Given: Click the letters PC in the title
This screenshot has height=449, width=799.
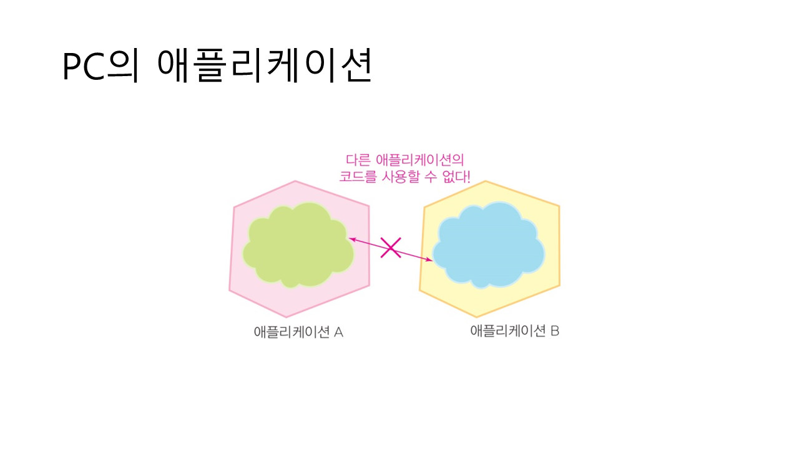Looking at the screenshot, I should pos(83,66).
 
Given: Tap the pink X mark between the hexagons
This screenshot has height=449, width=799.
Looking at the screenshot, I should pos(391,248).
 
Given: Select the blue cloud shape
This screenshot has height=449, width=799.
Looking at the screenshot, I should pos(489,245).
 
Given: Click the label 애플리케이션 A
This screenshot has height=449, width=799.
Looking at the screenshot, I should pos(298,332).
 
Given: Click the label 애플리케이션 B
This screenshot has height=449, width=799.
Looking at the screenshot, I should pos(514,331).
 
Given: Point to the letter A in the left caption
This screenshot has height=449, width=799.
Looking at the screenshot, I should pos(338,332).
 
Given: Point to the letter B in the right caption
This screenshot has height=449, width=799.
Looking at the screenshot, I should pos(554,331).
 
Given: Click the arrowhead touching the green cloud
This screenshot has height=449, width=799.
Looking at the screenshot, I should pos(351,239).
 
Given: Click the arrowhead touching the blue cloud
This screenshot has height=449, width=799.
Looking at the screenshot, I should pos(429,260).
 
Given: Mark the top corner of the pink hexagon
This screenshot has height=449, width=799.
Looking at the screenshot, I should pos(295,181).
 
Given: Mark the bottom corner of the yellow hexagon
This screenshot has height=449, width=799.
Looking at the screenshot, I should pos(477,317).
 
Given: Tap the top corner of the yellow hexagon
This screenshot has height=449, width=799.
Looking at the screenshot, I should pos(486,181).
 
